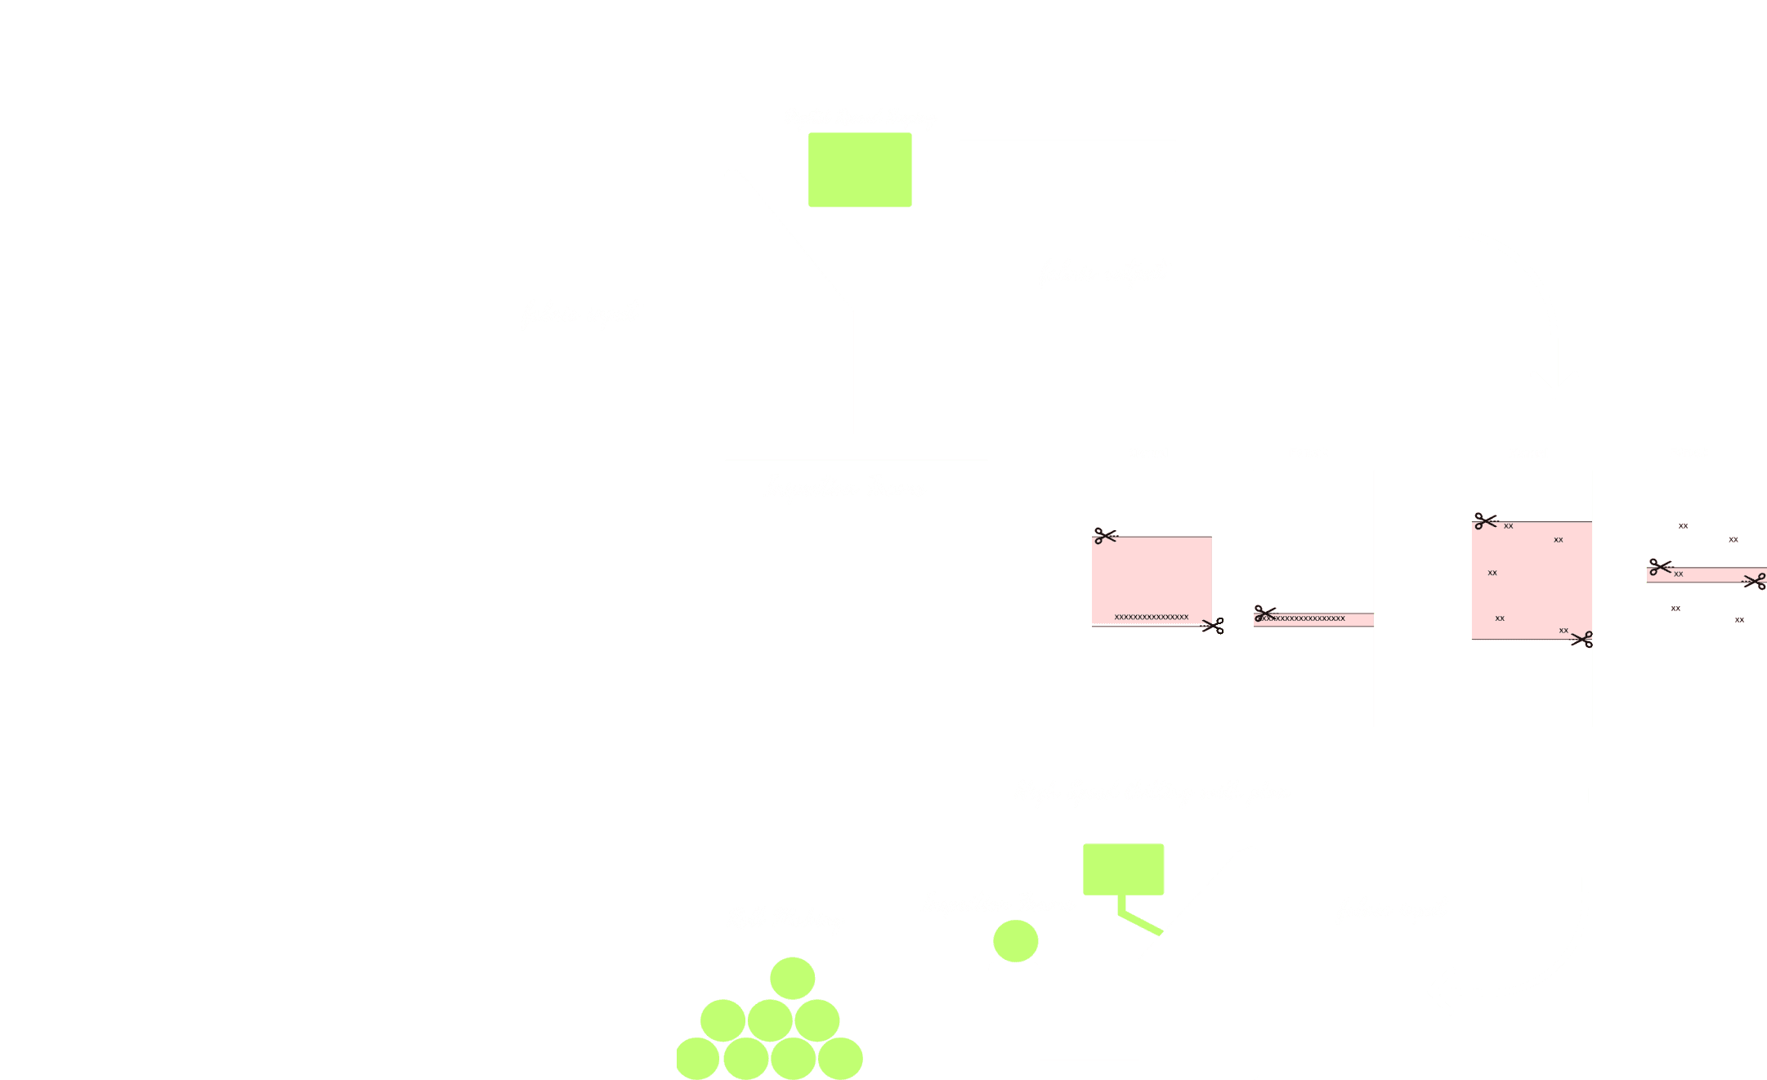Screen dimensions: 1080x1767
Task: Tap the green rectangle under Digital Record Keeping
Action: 860,170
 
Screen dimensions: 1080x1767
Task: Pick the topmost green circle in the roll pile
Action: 792,978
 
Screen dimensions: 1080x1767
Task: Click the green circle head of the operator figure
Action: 1015,941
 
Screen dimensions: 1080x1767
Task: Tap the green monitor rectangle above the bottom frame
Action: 1123,869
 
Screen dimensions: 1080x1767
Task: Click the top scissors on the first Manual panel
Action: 1105,536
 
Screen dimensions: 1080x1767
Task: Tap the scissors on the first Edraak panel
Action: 1264,613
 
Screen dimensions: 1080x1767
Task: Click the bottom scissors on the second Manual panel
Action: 1582,639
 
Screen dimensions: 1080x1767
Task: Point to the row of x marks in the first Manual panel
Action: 1151,617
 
